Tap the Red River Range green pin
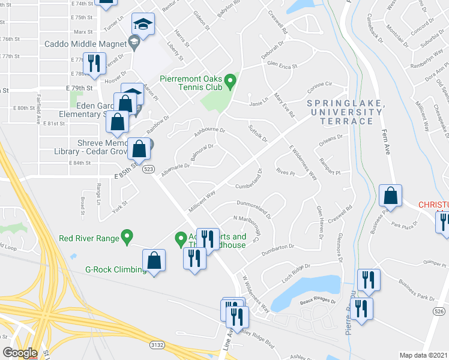pyautogui.click(x=127, y=237)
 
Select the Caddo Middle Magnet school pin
pyautogui.click(x=134, y=43)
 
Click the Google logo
pyautogui.click(x=20, y=353)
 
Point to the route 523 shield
pyautogui.click(x=149, y=170)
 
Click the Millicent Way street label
pyautogui.click(x=202, y=199)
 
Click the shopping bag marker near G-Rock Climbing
pyautogui.click(x=154, y=260)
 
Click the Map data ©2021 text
pyautogui.click(x=424, y=355)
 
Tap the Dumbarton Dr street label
pyautogui.click(x=275, y=246)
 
